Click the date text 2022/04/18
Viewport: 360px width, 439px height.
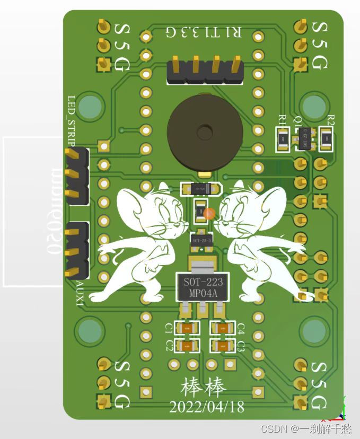pyautogui.click(x=207, y=407)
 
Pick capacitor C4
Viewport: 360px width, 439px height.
pyautogui.click(x=224, y=329)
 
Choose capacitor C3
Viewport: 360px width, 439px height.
pyautogui.click(x=224, y=346)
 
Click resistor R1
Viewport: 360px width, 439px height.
pyautogui.click(x=284, y=139)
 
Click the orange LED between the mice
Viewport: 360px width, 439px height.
pyautogui.click(x=209, y=214)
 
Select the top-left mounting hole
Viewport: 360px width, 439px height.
pyautogui.click(x=91, y=106)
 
